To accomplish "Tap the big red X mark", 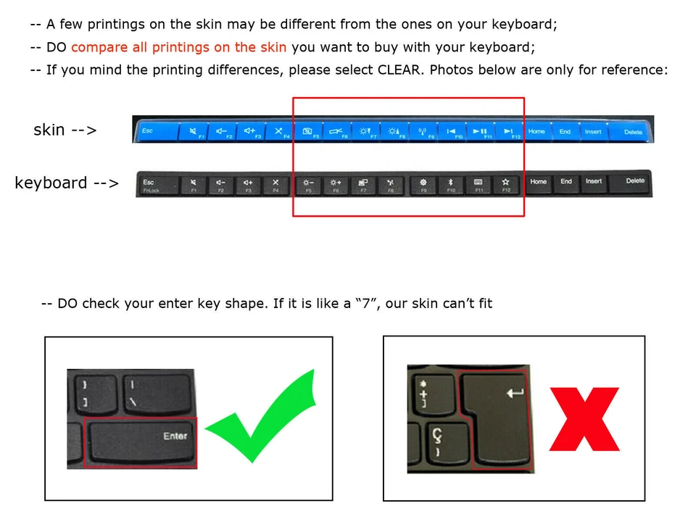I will pyautogui.click(x=584, y=419).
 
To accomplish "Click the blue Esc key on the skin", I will pyautogui.click(x=156, y=131).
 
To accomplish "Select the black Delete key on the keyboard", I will pyautogui.click(x=634, y=184).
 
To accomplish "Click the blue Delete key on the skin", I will pyautogui.click(x=633, y=131).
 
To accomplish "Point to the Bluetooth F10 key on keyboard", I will pyautogui.click(x=449, y=184).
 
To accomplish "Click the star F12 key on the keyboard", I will pyautogui.click(x=505, y=184).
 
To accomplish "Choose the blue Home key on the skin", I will pyautogui.click(x=536, y=131).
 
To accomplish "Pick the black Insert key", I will pyautogui.click(x=594, y=183).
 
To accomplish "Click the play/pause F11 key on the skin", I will pyautogui.click(x=480, y=131).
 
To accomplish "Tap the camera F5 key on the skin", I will pyautogui.click(x=309, y=132).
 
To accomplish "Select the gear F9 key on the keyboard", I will pyautogui.click(x=423, y=184).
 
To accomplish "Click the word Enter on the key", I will pyautogui.click(x=175, y=436).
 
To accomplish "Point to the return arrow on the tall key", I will pyautogui.click(x=515, y=393).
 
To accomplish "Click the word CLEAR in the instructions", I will pyautogui.click(x=397, y=70).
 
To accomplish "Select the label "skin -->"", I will pyautogui.click(x=65, y=130).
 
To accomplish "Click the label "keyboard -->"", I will pyautogui.click(x=67, y=183).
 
